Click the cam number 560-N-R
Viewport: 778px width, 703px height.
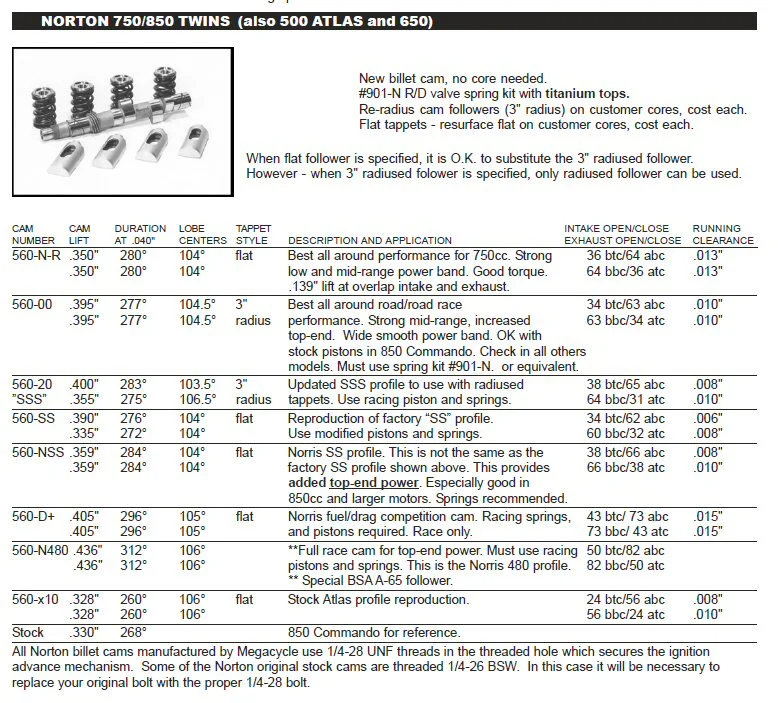[x=36, y=256]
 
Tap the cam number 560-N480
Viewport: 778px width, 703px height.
[x=40, y=551]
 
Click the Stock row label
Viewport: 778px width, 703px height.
[x=28, y=632]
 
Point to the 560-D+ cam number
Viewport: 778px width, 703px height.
[x=33, y=518]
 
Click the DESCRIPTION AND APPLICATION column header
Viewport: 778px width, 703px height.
[x=369, y=241]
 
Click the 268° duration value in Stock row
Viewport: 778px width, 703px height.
[x=132, y=632]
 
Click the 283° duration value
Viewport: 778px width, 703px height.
[x=132, y=385]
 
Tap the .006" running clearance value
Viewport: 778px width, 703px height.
[x=708, y=419]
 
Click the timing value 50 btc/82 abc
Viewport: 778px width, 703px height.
[x=626, y=551]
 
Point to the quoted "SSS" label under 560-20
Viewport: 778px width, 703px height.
[x=31, y=400]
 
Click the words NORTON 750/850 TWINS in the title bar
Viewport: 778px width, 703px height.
[x=137, y=21]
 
